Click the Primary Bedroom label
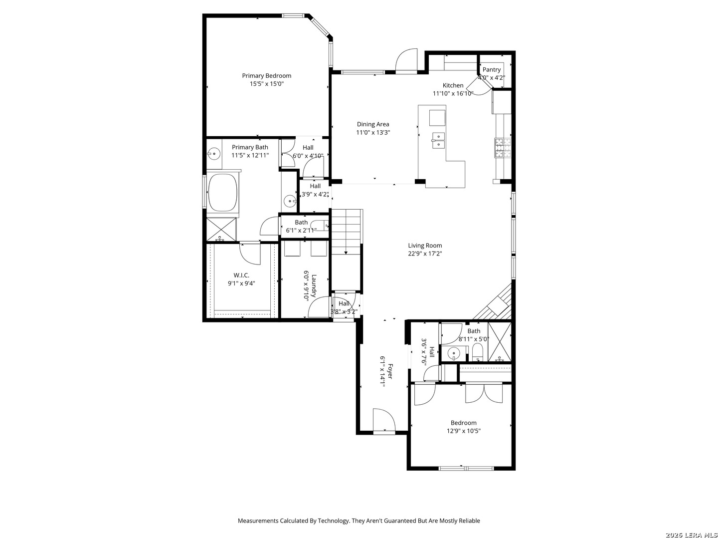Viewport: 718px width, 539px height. (266, 75)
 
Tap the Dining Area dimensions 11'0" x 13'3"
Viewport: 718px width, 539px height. (373, 133)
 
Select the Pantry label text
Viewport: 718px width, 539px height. (491, 70)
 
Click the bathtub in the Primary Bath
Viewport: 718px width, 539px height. (223, 193)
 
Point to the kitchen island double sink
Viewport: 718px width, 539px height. (438, 141)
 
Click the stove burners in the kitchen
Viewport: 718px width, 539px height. (503, 148)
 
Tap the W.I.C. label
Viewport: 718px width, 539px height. (241, 275)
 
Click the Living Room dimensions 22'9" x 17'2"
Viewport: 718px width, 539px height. (425, 254)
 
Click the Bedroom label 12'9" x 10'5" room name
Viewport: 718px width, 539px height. (463, 423)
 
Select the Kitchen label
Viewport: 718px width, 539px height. (453, 85)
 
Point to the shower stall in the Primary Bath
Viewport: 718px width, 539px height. (221, 230)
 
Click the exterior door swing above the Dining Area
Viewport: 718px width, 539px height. (406, 59)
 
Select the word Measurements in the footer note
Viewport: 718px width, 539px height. (258, 521)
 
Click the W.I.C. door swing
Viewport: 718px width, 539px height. (250, 254)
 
